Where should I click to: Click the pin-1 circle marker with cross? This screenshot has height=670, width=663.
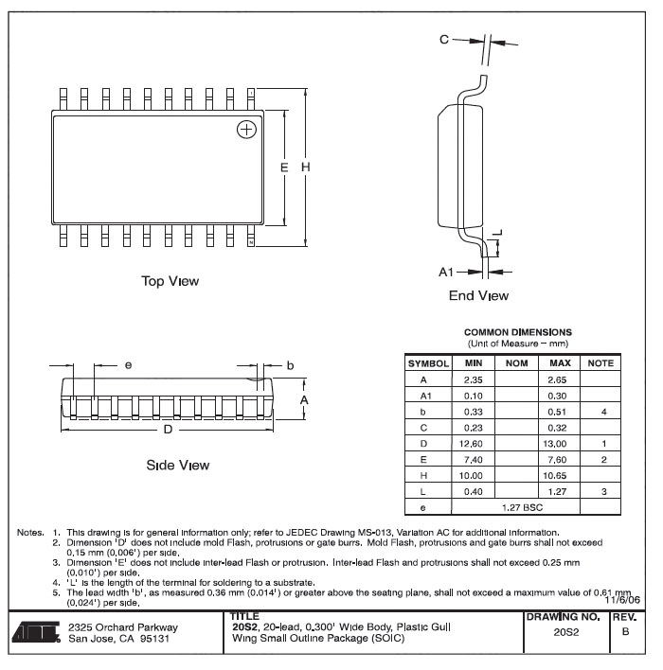click(x=246, y=130)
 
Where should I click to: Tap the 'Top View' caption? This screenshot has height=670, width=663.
click(x=170, y=281)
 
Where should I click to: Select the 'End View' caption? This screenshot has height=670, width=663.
click(x=478, y=295)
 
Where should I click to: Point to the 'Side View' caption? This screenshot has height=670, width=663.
click(x=178, y=465)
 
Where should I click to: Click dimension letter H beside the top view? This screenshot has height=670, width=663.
click(x=305, y=167)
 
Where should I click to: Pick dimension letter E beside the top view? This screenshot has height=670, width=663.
click(x=284, y=167)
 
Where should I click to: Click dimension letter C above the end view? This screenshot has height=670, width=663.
click(x=444, y=40)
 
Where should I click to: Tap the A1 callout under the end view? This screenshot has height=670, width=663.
click(x=446, y=272)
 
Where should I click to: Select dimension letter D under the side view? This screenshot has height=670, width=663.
click(x=168, y=430)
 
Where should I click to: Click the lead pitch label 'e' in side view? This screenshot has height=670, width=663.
click(x=128, y=365)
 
